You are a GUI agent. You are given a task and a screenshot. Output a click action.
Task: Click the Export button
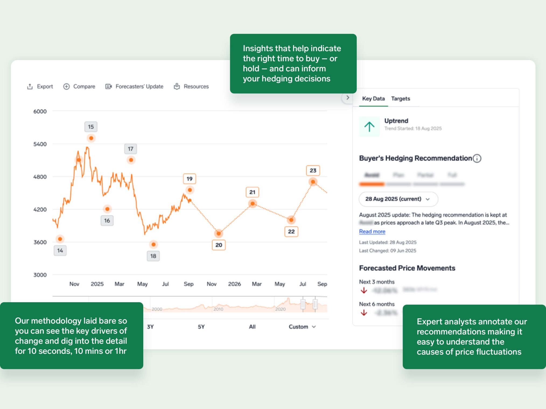pyautogui.click(x=40, y=87)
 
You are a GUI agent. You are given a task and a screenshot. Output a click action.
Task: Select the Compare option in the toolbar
pyautogui.click(x=79, y=87)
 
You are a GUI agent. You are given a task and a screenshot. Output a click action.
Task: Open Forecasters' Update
pyautogui.click(x=134, y=87)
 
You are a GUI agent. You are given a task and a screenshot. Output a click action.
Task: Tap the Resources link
pyautogui.click(x=191, y=87)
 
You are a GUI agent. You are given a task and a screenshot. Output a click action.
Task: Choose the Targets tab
pyautogui.click(x=400, y=99)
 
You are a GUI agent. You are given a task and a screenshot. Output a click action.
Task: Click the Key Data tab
pyautogui.click(x=373, y=99)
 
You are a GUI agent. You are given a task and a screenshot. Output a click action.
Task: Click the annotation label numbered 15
pyautogui.click(x=91, y=127)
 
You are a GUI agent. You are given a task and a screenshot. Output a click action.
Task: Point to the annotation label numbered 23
pyautogui.click(x=313, y=170)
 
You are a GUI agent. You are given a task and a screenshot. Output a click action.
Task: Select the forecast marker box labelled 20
pyautogui.click(x=219, y=245)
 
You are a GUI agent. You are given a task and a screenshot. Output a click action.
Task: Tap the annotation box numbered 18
pyautogui.click(x=153, y=256)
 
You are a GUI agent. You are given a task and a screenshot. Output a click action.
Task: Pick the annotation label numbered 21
pyautogui.click(x=252, y=192)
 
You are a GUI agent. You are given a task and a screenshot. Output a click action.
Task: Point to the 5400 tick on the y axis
pyautogui.click(x=40, y=144)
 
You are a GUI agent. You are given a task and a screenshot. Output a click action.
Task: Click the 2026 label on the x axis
pyautogui.click(x=234, y=284)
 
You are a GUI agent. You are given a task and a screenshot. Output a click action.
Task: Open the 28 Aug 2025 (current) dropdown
pyautogui.click(x=398, y=199)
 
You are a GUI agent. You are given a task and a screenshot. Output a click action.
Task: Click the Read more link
pyautogui.click(x=372, y=232)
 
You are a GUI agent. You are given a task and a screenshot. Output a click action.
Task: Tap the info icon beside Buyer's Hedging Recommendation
pyautogui.click(x=477, y=158)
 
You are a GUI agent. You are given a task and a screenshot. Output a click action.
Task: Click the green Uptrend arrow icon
pyautogui.click(x=369, y=127)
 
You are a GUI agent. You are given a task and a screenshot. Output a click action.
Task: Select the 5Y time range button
pyautogui.click(x=201, y=327)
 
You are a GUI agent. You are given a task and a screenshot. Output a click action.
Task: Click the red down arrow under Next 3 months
pyautogui.click(x=364, y=290)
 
